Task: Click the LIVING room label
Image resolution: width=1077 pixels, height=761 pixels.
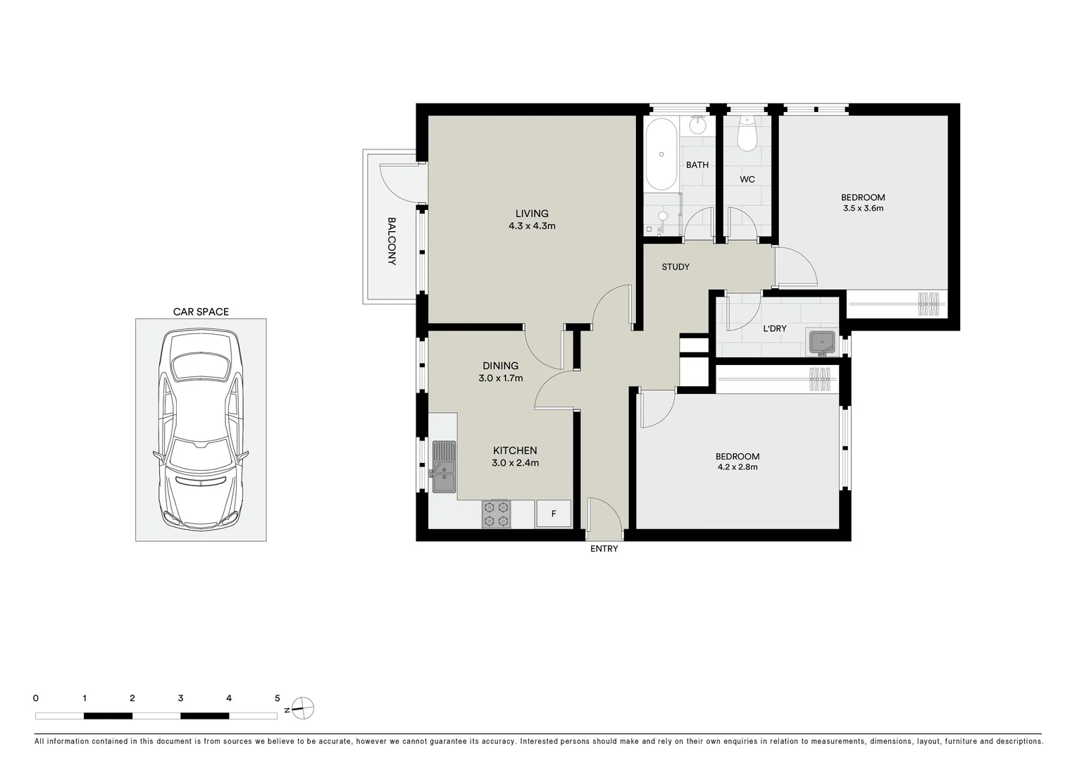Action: [532, 214]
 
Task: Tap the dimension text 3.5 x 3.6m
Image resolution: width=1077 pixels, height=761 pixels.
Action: [863, 209]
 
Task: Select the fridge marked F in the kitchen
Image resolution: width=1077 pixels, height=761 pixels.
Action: [554, 514]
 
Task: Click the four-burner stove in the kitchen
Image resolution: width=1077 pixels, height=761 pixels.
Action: [496, 514]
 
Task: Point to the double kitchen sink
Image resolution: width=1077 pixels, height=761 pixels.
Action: [444, 466]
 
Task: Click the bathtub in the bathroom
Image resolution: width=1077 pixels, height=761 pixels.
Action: [661, 154]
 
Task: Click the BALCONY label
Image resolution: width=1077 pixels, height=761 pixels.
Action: [392, 241]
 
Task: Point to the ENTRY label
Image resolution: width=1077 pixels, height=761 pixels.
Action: [604, 549]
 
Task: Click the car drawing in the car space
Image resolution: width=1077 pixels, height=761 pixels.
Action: [201, 430]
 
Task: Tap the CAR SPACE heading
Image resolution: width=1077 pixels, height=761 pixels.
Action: [201, 311]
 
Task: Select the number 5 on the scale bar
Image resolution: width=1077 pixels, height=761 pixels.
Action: [277, 698]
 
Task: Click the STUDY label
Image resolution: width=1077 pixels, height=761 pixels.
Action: [676, 267]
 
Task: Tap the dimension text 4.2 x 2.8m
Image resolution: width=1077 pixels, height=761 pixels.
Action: [737, 467]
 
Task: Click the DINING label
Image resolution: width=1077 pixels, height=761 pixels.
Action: [500, 366]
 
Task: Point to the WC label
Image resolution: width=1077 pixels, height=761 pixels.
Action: [747, 180]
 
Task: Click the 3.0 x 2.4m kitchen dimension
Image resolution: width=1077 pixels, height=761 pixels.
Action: [515, 463]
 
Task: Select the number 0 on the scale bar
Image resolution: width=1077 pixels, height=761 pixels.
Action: [36, 698]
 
